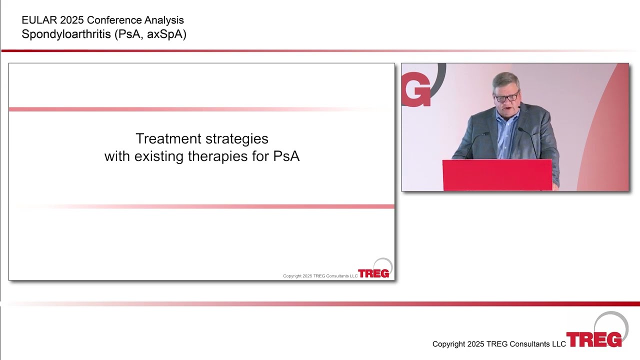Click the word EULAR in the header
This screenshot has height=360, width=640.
(39, 20)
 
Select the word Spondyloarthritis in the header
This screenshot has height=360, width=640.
(66, 34)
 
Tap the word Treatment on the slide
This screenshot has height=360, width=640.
(168, 138)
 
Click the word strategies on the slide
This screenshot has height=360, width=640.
(237, 139)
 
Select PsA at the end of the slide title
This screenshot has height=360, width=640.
(286, 156)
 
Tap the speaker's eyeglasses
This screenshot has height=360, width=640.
(506, 97)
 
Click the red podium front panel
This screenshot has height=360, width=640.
(497, 175)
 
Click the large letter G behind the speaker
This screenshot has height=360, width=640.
(416, 89)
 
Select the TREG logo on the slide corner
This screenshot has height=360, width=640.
(375, 268)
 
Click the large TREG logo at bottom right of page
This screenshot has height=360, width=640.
(597, 330)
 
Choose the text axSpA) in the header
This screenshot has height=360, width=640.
(166, 34)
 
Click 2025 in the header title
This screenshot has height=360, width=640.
(72, 20)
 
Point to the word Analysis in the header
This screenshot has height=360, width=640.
(164, 20)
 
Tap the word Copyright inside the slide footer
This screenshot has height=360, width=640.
(292, 276)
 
